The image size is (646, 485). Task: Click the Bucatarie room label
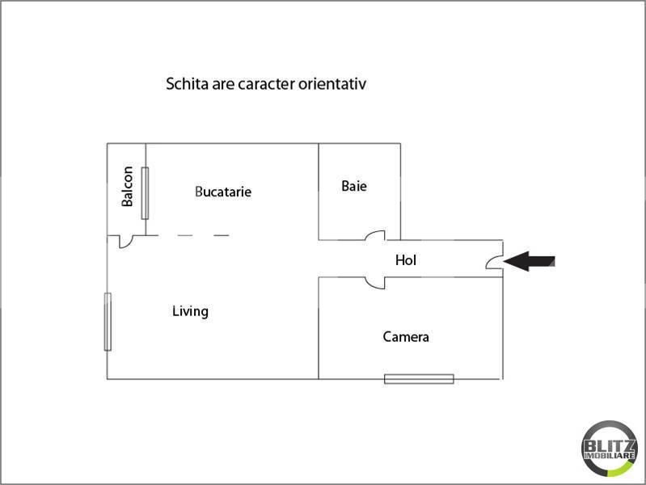pos(223,192)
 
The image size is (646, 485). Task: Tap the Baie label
pos(354,186)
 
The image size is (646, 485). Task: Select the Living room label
pos(190,311)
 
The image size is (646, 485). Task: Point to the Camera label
pos(406,337)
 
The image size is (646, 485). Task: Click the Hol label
pos(406,260)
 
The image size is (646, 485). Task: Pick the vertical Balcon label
pos(127,186)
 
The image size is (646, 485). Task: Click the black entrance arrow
pos(529,261)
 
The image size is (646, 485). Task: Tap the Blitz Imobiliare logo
pos(610,449)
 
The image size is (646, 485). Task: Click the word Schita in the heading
pos(187,84)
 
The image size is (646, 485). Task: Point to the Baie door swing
pos(376,234)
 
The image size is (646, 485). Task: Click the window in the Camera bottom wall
pos(419,378)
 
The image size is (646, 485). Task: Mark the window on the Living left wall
pos(108,322)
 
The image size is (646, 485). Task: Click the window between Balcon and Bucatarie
pos(145,193)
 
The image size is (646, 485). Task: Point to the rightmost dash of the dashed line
pos(222,236)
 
